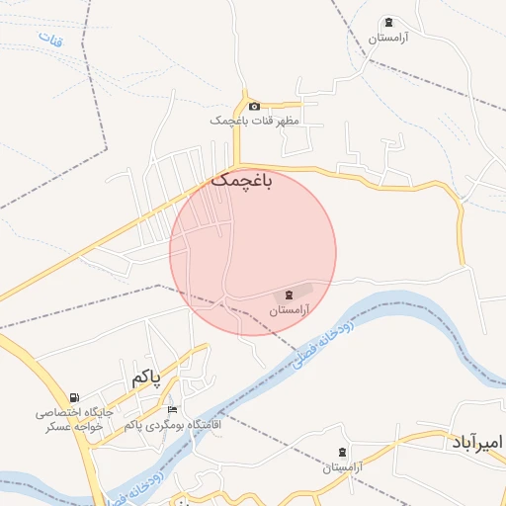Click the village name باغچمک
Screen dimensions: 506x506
[x=240, y=181]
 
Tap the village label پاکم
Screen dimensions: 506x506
[x=144, y=378]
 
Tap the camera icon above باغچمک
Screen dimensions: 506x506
[x=254, y=106]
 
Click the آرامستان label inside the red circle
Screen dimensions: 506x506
[x=290, y=309]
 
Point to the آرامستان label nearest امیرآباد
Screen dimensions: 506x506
[x=343, y=465]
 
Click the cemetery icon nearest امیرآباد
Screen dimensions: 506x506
[x=343, y=452]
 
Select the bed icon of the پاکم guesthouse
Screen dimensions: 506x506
[x=173, y=410]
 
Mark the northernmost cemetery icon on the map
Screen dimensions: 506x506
[x=388, y=23]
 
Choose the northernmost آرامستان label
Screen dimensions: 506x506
[x=388, y=38]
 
